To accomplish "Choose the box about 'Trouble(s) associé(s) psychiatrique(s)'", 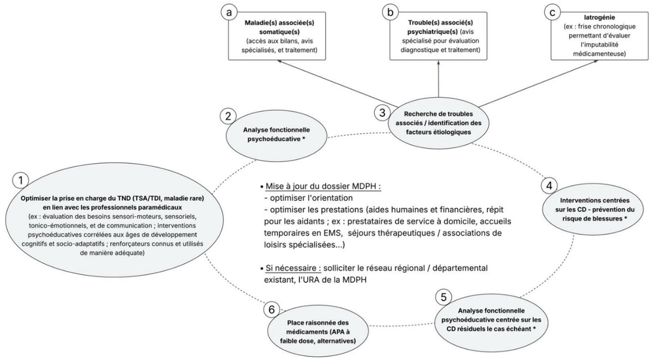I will pos(438,38).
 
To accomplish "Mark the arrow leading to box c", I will pos(529,81).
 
